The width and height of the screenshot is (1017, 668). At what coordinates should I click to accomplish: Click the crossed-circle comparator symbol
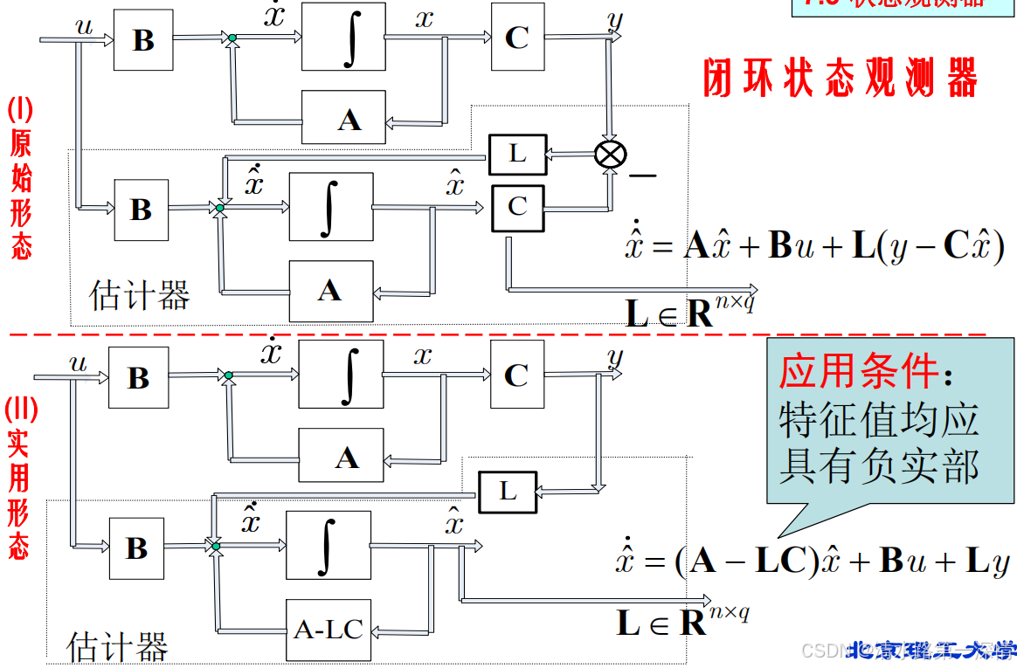click(610, 155)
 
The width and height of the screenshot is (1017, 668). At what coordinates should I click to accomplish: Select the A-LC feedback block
click(329, 629)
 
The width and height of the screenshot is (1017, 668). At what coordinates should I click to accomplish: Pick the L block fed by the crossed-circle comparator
click(517, 155)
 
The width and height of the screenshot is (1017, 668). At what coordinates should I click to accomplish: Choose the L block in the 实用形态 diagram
click(508, 492)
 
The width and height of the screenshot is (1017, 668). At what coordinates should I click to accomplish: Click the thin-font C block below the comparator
click(517, 207)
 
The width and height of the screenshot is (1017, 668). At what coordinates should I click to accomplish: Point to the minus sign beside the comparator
click(642, 176)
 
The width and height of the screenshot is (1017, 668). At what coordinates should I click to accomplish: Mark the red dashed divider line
click(498, 334)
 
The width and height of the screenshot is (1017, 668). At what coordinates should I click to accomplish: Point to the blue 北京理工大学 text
click(932, 651)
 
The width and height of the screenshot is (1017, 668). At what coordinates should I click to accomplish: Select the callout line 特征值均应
click(878, 421)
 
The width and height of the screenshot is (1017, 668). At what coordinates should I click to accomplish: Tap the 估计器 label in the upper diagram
click(140, 297)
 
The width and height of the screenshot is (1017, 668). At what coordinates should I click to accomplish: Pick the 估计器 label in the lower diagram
click(117, 647)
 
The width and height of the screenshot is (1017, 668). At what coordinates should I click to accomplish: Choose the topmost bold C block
click(517, 37)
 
